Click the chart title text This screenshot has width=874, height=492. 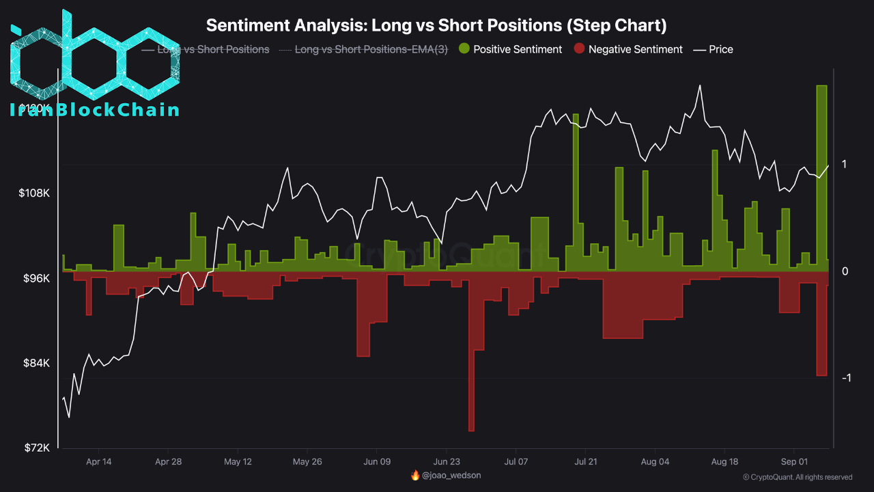point(436,25)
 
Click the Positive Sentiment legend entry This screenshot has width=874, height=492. point(510,49)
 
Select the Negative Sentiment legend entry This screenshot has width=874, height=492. point(628,49)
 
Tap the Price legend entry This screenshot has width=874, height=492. point(714,49)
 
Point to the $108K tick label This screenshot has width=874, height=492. point(34,193)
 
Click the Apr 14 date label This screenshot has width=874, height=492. point(99,461)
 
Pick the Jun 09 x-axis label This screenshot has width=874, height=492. point(376,461)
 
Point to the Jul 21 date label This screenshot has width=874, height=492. point(585,461)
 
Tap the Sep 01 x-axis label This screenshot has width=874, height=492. point(793,461)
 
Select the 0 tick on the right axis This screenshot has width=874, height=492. point(845,271)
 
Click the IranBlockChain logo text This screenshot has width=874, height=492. point(95,110)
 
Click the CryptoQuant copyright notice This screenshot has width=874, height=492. point(797,477)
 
